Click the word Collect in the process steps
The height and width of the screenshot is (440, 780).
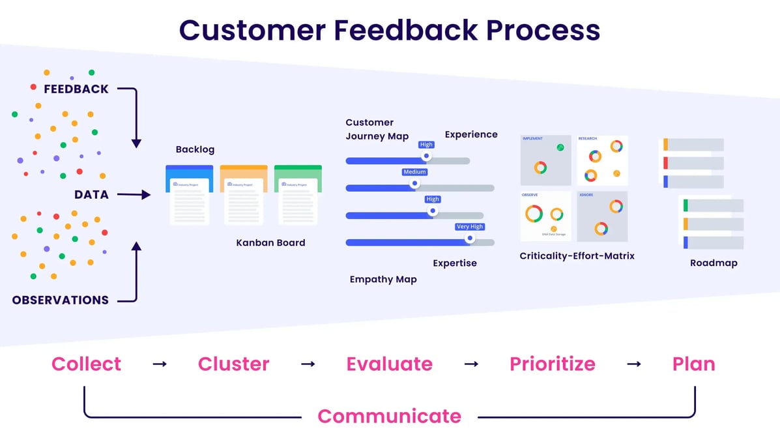click(86, 364)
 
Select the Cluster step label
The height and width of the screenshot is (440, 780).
click(233, 364)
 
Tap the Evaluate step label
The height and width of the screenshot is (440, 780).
click(389, 364)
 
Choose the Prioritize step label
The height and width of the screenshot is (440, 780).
click(552, 364)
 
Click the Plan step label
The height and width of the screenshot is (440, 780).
click(693, 364)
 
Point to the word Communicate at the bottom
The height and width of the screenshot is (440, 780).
click(389, 416)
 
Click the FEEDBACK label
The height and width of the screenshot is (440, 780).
click(76, 89)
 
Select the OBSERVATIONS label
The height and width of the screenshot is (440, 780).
click(61, 301)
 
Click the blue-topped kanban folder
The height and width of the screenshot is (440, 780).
click(190, 195)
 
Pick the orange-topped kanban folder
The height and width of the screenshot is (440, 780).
click(244, 195)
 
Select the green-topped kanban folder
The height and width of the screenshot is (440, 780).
click(298, 195)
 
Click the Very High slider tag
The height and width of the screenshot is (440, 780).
click(470, 227)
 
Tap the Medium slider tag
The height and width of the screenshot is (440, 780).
click(414, 172)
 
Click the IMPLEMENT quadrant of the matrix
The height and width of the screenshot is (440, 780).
click(545, 160)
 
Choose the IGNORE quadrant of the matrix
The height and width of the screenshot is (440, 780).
click(602, 216)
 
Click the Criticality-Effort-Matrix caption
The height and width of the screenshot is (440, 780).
click(577, 256)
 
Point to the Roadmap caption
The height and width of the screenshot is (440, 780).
click(714, 263)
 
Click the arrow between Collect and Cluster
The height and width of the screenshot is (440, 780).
click(160, 364)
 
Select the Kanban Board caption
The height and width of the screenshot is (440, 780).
click(270, 242)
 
